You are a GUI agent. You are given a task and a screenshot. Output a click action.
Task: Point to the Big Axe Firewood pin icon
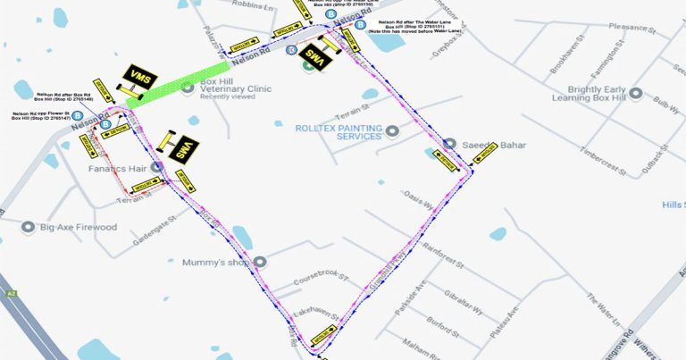[29, 227]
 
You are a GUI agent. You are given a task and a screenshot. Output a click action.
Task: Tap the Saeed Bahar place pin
[450, 145]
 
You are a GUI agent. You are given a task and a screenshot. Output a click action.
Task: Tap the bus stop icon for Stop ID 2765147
[78, 115]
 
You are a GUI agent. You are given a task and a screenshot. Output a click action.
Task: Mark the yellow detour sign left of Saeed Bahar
[444, 159]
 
